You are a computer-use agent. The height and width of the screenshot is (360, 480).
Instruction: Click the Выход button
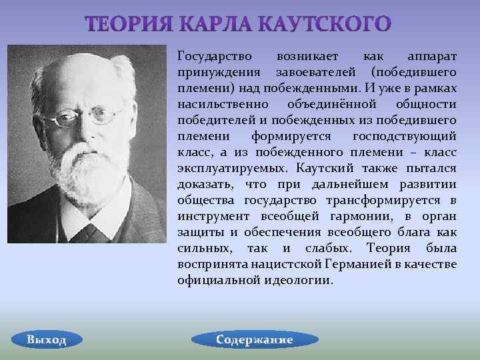pyautogui.click(x=47, y=339)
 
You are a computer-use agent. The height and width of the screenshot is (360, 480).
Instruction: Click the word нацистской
pyautogui.click(x=301, y=264)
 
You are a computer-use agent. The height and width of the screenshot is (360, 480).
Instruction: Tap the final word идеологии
pyautogui.click(x=297, y=280)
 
